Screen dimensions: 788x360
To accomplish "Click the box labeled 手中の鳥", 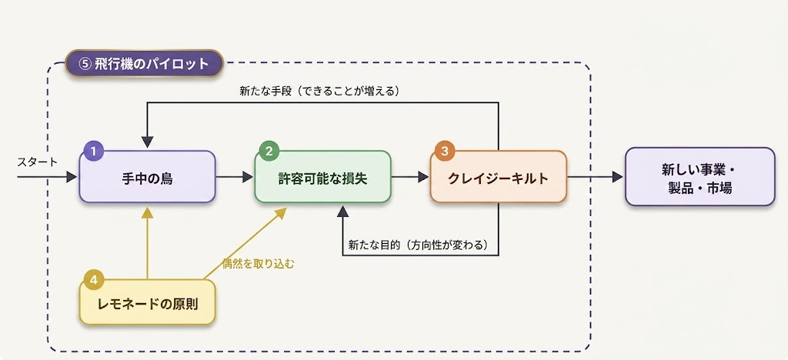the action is pos(147,177).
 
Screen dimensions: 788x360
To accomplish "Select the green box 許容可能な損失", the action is pos(322,177).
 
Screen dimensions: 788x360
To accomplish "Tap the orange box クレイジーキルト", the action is pos(498,177).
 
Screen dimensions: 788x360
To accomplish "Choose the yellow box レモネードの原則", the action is pos(147,302).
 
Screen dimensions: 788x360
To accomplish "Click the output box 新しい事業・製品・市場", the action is pos(700,177).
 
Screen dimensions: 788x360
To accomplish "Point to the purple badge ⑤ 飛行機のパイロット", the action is pos(144,63).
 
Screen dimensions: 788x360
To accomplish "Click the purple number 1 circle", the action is pos(94,150).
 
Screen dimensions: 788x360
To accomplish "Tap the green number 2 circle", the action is pos(269,150).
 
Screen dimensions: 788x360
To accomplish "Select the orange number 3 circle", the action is pos(444,150).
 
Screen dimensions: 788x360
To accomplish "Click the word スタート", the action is pos(37,162).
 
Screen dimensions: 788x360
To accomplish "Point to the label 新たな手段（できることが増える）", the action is pos(319,92).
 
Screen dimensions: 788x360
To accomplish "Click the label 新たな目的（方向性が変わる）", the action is pos(419,245).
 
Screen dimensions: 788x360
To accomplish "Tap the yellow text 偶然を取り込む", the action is pos(259,264).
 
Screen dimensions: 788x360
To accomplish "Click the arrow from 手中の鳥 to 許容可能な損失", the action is pos(235,177).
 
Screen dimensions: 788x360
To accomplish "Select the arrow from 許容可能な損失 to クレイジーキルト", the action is pos(410,177).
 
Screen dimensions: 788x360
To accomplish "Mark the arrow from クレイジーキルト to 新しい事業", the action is pos(595,177).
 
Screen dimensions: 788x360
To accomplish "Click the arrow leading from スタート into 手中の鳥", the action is pos(47,177).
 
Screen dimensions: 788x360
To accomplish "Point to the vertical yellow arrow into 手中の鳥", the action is pos(147,242).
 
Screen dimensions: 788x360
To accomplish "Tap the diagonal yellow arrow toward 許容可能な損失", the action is pos(245,243).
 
